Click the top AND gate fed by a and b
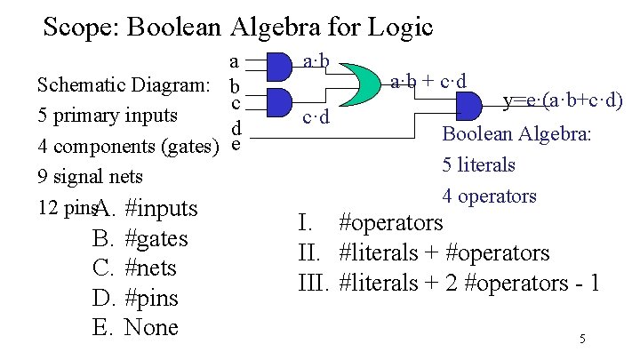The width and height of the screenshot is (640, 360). click(280, 65)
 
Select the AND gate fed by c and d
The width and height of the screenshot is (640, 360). click(280, 101)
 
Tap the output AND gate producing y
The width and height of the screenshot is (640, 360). click(467, 107)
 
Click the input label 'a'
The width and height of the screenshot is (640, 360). click(234, 61)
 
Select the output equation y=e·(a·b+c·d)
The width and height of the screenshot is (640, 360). click(562, 101)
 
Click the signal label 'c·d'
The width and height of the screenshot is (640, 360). click(316, 116)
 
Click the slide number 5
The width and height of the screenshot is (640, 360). click(582, 338)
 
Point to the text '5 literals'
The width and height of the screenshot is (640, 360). click(478, 164)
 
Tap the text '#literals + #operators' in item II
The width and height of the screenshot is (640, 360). click(444, 253)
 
